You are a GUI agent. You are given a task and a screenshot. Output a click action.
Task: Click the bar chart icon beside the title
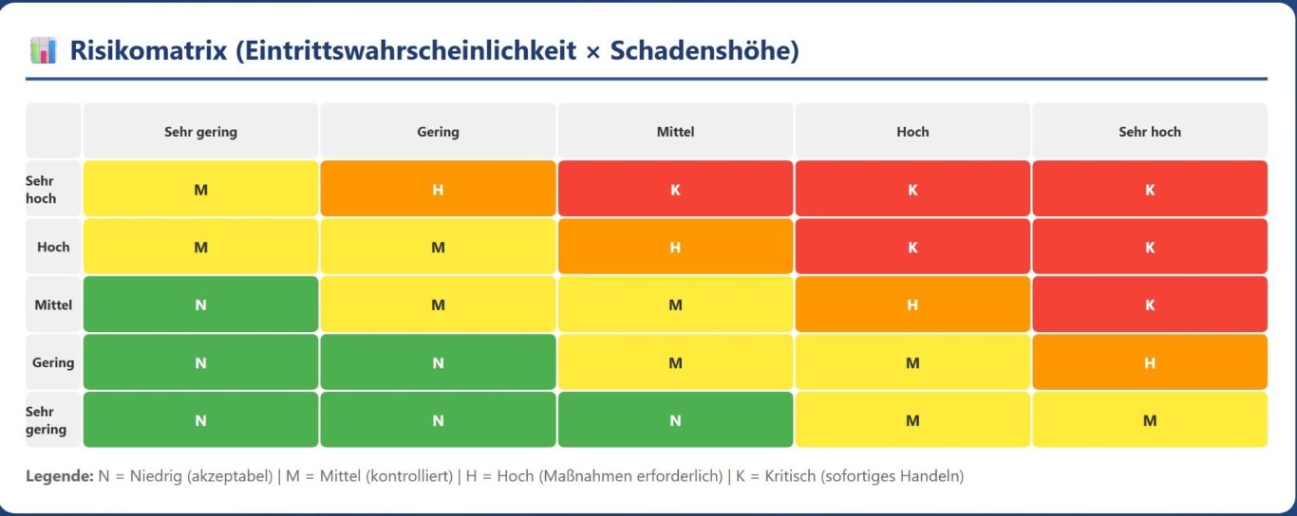[44, 50]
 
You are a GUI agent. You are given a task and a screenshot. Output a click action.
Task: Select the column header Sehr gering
[200, 132]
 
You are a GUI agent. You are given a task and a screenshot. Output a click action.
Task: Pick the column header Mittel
[675, 132]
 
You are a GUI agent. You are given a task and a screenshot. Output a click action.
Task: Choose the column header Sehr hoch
[1149, 132]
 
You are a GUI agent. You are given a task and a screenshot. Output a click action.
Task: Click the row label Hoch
[53, 247]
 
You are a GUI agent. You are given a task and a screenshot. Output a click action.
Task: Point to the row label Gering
[53, 362]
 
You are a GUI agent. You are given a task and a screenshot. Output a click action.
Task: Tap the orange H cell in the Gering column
[438, 189]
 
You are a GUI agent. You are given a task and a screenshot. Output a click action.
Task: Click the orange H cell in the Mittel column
[675, 247]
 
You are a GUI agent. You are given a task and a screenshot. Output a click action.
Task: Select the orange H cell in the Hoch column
[912, 304]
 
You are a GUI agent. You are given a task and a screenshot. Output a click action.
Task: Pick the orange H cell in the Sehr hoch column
[1149, 362]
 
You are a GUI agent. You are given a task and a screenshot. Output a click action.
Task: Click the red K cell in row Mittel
[1149, 304]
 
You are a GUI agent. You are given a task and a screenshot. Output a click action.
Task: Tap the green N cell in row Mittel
[200, 304]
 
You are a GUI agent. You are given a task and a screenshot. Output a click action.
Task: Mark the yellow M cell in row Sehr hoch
[200, 189]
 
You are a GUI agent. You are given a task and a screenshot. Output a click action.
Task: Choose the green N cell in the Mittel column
[675, 420]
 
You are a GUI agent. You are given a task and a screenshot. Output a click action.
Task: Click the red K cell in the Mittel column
[675, 189]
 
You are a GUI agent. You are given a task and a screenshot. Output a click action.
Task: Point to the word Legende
[59, 475]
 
